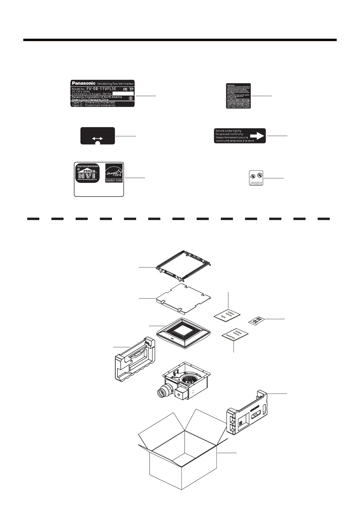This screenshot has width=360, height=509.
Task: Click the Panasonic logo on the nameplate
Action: tap(83, 83)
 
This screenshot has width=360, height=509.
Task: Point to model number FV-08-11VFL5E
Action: tap(101, 89)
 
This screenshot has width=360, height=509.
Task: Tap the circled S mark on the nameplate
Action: tap(130, 98)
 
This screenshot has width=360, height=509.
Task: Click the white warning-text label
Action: tap(238, 96)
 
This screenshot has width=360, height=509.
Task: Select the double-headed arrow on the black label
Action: tap(97, 138)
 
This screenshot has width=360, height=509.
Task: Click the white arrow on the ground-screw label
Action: tap(257, 136)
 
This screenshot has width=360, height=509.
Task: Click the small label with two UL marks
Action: tap(256, 178)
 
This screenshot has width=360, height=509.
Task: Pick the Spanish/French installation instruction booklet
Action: tap(235, 335)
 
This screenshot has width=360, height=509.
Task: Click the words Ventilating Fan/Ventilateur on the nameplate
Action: tap(115, 83)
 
